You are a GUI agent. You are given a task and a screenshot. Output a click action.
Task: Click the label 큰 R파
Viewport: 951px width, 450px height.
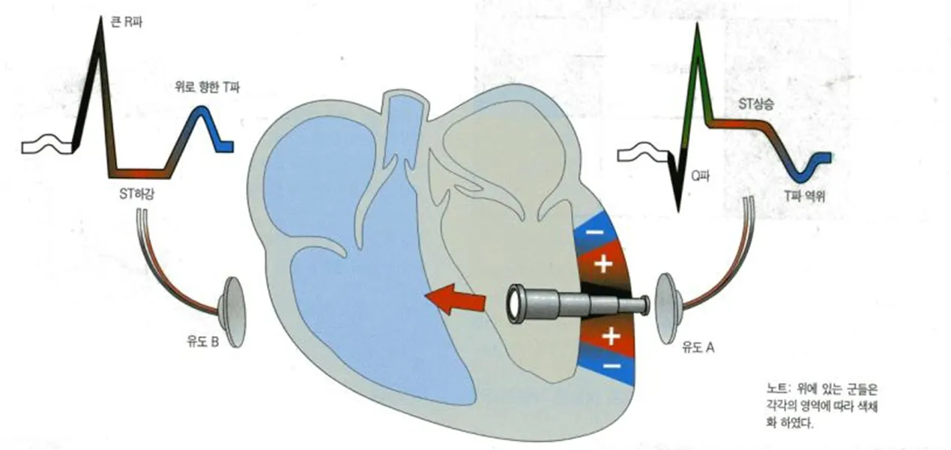[x=127, y=24]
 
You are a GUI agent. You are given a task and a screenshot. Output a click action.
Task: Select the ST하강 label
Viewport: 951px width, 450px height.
[x=139, y=195]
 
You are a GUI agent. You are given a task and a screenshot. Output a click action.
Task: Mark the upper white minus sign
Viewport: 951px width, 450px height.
[x=593, y=234]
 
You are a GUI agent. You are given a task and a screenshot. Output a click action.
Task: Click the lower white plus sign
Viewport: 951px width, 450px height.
[x=611, y=337]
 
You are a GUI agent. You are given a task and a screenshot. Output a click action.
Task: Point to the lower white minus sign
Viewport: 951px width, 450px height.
[x=613, y=367]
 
